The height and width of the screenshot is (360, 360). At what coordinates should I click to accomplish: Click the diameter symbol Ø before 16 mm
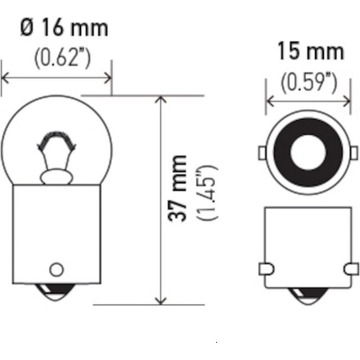coord(27,27)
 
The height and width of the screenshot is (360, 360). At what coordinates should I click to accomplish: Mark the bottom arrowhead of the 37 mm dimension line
coord(161,301)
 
